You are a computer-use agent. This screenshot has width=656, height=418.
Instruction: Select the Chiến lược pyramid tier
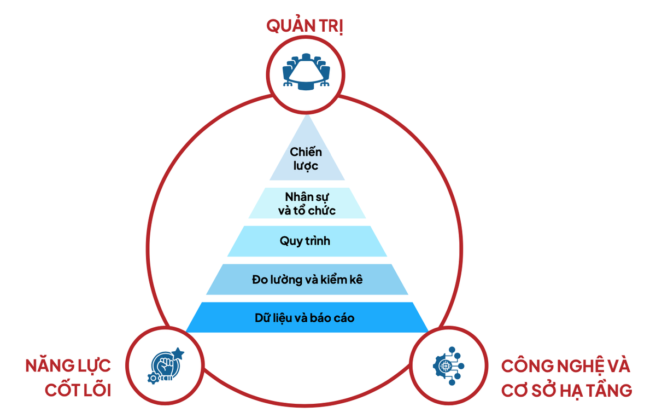pos(306,159)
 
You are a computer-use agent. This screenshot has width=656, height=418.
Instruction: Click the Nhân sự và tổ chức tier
pos(307,203)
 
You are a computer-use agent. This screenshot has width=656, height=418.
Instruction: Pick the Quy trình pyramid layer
pos(307,241)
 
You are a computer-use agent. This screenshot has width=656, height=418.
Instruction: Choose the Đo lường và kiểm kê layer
pos(307,280)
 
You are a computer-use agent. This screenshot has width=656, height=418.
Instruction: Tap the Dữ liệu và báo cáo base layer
pos(307,317)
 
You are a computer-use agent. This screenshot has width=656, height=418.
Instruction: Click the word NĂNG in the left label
pos(49,365)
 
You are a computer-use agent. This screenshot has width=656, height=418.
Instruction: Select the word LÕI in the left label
pos(93,391)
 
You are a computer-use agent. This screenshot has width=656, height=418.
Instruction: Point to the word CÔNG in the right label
pos(526,365)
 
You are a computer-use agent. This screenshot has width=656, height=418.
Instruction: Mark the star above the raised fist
pos(178,353)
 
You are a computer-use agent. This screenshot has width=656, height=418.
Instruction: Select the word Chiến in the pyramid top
pos(306,152)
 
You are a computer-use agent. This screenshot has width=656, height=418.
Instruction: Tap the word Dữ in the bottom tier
pos(263,317)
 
